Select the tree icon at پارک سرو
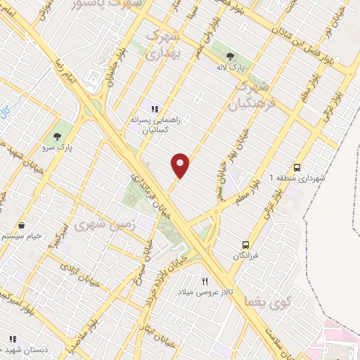[65, 136]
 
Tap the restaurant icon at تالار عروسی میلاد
[205, 280]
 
